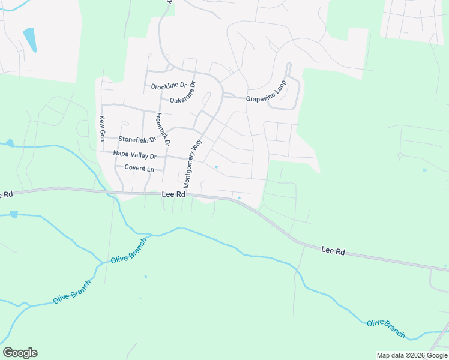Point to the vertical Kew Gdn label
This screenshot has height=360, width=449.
[103, 128]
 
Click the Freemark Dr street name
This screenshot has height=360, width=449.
[162, 129]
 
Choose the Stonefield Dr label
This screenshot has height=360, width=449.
[137, 139]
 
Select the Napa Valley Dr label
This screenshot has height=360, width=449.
[134, 155]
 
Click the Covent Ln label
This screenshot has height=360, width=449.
[139, 168]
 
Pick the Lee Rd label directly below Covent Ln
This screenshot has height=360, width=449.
[173, 194]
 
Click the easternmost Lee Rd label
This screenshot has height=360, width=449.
[333, 249]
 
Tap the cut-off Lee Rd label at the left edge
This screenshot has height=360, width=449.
[6, 194]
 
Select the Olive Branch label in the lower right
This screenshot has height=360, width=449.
[386, 329]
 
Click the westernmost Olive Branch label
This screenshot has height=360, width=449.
[71, 292]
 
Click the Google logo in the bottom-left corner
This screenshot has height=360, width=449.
[20, 352]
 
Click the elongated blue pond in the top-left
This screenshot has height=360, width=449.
[29, 40]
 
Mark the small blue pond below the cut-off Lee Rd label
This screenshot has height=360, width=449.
[13, 214]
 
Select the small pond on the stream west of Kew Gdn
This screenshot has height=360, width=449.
[9, 143]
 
